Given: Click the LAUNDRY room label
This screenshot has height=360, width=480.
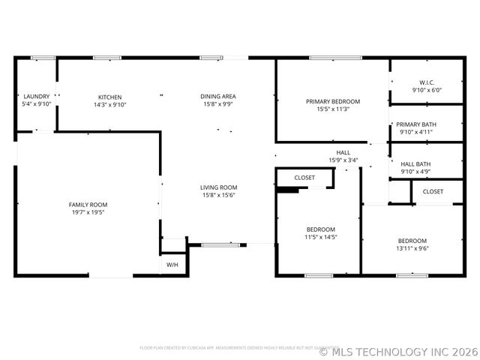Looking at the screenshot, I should tap(36, 97).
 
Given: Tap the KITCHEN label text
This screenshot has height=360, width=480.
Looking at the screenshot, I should tap(109, 97).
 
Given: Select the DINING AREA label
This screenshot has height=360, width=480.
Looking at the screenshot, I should tap(218, 96).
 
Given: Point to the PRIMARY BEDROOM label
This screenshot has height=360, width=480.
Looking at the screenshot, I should tap(333, 101).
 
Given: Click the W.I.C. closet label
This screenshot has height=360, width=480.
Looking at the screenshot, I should tap(427, 82).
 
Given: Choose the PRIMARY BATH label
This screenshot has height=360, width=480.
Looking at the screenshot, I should tap(416, 124).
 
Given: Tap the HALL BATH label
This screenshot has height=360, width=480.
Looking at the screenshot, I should tap(415, 164).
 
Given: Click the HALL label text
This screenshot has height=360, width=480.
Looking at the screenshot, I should tap(343, 152).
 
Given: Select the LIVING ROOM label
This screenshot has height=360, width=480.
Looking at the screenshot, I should tap(218, 187).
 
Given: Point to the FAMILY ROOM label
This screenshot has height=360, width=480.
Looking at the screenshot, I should tap(88, 205).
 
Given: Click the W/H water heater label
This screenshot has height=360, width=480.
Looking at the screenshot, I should tap(172, 265).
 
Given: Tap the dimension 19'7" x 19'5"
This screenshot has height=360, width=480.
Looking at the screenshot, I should tap(88, 212).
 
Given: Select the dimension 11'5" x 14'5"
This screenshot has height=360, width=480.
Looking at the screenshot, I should tap(321, 237).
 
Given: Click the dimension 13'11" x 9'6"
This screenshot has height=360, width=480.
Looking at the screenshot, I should tap(412, 248).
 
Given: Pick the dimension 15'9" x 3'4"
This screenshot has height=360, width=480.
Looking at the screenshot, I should tap(343, 160).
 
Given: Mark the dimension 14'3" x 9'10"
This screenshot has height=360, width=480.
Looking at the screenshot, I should tap(109, 105).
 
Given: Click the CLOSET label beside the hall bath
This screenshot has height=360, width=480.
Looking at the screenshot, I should tap(433, 191).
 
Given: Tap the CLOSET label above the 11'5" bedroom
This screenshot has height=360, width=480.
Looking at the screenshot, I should tap(304, 178).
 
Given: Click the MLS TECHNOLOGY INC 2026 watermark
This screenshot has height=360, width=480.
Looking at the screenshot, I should tap(398, 350).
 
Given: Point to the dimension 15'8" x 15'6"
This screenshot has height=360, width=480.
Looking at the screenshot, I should tap(218, 196).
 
